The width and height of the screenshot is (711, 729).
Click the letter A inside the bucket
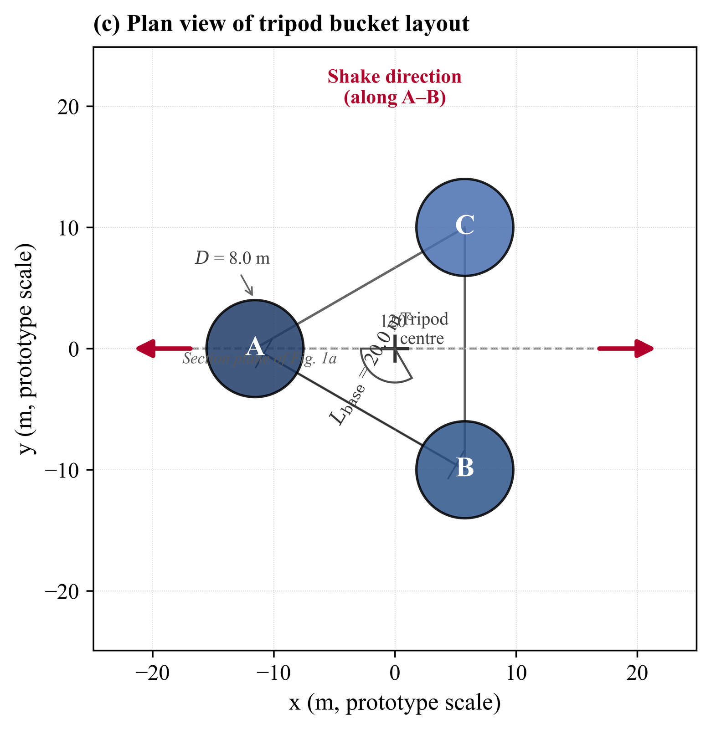pos(255,348)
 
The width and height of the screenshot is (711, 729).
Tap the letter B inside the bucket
pos(464,468)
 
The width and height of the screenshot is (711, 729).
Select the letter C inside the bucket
pos(464,225)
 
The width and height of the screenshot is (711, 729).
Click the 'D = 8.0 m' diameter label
pos(232,258)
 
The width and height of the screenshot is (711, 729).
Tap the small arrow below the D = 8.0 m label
pos(247,285)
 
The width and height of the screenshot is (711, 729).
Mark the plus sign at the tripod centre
pos(395,349)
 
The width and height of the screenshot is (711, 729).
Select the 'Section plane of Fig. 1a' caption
pos(259,359)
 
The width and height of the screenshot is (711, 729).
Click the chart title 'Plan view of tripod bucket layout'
pos(281,24)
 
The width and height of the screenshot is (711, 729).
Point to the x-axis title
pos(395,703)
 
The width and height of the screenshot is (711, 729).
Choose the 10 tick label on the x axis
pos(516,673)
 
